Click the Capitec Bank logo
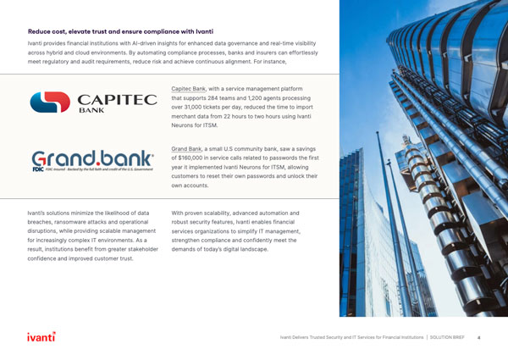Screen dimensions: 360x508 coord(93,102)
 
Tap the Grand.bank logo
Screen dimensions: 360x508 coord(93,160)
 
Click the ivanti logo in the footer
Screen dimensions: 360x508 coord(41,336)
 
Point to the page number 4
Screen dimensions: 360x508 coord(478,337)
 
